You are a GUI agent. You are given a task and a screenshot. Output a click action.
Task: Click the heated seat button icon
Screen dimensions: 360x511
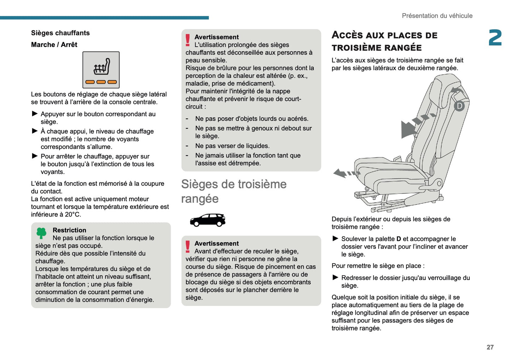click(x=101, y=70)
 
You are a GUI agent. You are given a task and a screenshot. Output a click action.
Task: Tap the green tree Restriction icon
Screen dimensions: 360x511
click(x=41, y=233)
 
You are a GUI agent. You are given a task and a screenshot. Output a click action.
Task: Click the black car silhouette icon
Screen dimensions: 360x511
click(x=208, y=220)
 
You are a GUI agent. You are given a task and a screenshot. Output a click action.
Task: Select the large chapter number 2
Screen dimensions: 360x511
click(x=495, y=38)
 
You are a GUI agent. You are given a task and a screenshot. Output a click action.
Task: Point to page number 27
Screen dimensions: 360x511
click(x=490, y=347)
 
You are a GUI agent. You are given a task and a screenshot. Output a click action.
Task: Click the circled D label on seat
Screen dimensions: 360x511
click(x=459, y=106)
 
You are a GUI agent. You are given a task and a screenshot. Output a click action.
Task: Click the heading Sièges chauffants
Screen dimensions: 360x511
click(x=60, y=33)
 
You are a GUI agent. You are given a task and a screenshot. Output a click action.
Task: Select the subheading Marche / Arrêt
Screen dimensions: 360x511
click(x=54, y=45)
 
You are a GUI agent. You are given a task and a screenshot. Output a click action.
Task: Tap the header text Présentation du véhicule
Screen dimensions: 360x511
click(x=437, y=16)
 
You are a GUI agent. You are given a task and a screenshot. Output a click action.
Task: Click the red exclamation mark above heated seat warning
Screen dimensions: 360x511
click(x=188, y=40)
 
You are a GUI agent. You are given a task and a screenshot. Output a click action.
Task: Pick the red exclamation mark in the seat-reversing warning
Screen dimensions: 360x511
click(x=188, y=246)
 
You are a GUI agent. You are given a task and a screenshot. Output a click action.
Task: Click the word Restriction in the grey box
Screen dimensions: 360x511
click(x=69, y=230)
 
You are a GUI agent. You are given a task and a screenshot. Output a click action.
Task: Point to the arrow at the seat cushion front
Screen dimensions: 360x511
click(x=345, y=173)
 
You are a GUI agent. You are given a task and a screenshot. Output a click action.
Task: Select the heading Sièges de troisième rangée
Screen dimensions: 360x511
click(x=234, y=191)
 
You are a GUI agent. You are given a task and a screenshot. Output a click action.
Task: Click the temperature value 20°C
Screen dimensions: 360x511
click(x=72, y=214)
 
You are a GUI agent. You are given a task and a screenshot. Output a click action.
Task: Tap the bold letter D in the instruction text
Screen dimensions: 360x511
click(x=399, y=239)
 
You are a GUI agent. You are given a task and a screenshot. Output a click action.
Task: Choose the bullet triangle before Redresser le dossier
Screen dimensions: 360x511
click(x=335, y=277)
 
